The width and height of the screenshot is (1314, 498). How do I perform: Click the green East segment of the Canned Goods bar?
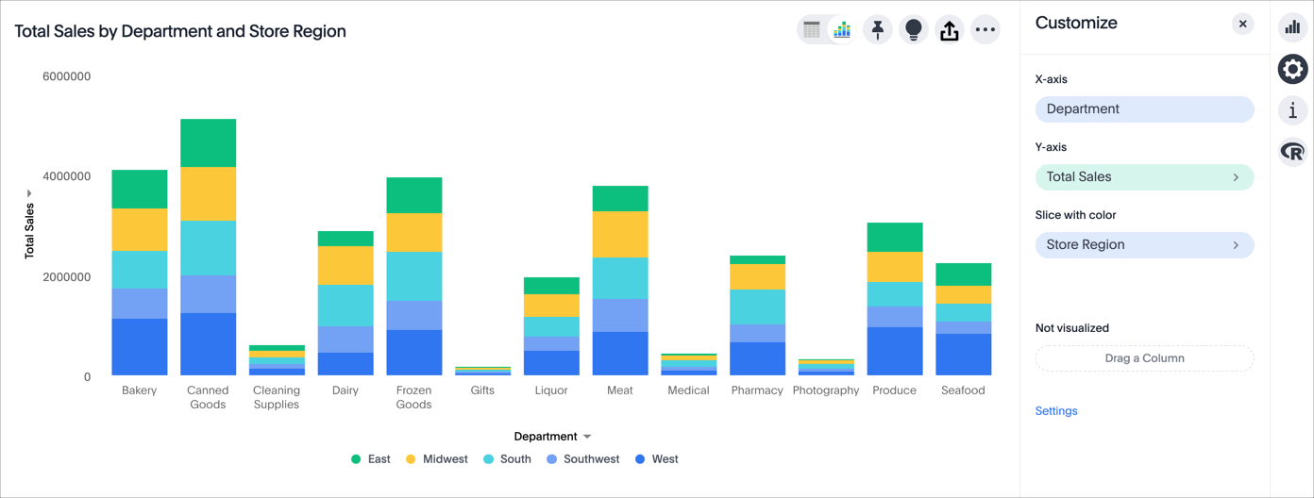(208, 142)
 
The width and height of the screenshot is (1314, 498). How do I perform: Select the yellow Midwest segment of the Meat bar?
(620, 234)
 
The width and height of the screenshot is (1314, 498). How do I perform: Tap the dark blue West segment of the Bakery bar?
(140, 346)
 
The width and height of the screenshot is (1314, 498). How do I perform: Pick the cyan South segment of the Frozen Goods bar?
(414, 276)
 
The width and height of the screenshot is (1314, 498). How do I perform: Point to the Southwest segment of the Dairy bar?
(345, 340)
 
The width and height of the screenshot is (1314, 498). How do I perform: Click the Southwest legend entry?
(583, 459)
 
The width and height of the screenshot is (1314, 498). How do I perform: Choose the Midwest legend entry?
(437, 459)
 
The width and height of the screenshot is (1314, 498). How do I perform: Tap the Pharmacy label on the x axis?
(757, 390)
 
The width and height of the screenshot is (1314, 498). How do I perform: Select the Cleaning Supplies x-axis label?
(277, 397)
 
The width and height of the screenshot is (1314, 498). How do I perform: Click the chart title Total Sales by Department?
(180, 31)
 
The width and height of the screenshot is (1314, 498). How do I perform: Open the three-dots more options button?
(985, 30)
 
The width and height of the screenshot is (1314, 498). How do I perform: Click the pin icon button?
(878, 30)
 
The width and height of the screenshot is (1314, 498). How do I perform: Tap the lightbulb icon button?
(914, 30)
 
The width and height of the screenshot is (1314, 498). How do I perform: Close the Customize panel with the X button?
(1242, 24)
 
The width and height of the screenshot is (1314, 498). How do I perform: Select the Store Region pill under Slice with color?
(1144, 245)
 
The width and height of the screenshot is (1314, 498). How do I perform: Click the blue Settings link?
(1056, 411)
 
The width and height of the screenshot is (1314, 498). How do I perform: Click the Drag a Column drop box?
(1144, 358)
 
